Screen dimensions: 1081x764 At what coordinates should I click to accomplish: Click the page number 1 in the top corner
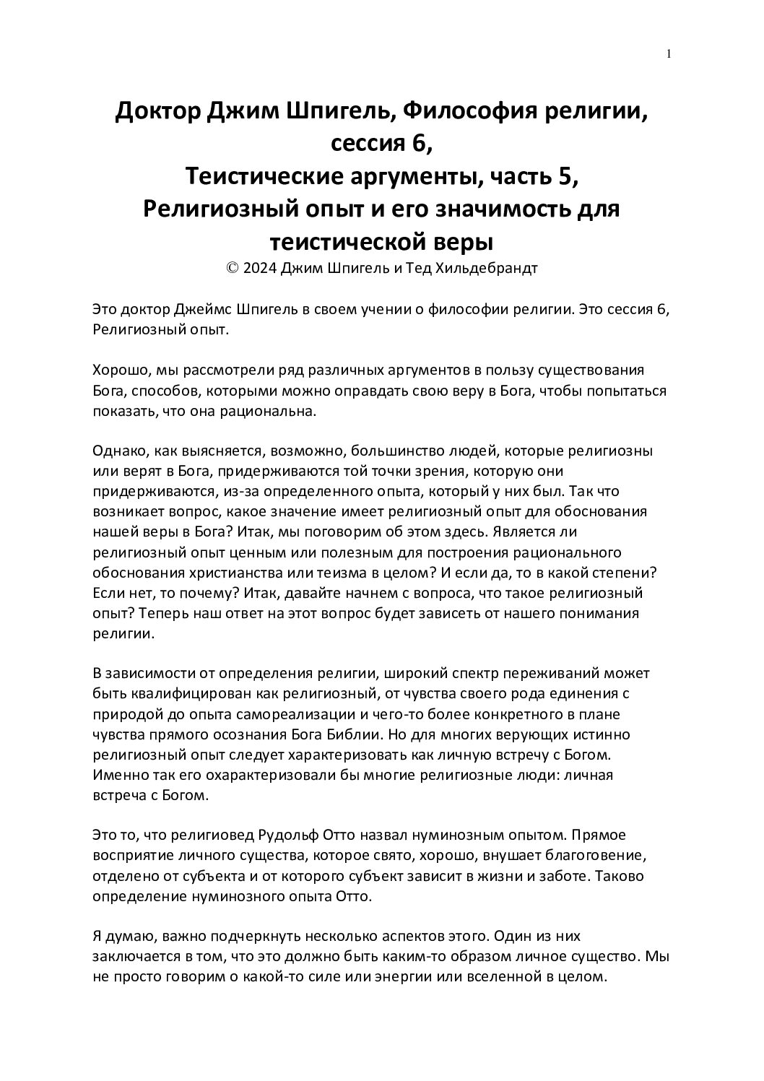[x=669, y=53]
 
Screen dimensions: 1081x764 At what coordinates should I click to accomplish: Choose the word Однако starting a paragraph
[x=118, y=451]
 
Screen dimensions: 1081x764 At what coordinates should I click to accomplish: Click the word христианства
[x=238, y=573]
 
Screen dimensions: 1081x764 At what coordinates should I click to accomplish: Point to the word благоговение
[x=596, y=856]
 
